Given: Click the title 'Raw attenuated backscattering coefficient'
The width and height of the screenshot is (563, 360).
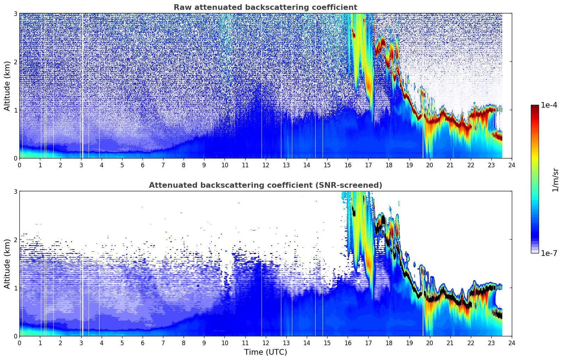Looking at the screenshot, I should tap(265, 7).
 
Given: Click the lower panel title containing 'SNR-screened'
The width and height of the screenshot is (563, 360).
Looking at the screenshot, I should tap(265, 185).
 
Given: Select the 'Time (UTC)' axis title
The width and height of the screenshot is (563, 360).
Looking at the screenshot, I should tap(265, 352).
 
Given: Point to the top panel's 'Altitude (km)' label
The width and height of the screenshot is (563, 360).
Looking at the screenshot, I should tap(7, 86).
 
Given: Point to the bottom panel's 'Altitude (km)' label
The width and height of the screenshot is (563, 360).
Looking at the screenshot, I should tap(7, 264).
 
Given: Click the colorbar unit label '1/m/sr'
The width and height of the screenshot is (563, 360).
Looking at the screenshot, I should tap(555, 180).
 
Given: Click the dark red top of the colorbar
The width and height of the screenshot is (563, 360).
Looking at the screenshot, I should tap(534, 107).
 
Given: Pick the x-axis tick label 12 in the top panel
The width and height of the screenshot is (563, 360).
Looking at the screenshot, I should tap(265, 165).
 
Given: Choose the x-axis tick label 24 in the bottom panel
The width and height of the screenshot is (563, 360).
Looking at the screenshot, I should tap(511, 343).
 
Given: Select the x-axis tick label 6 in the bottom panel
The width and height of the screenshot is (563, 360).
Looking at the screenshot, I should tap(143, 343).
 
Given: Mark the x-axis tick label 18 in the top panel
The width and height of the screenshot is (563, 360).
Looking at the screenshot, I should tap(389, 165).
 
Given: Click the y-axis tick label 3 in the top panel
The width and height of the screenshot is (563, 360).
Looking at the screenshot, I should tap(16, 13).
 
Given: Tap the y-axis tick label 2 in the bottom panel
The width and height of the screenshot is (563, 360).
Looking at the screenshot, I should tap(16, 240).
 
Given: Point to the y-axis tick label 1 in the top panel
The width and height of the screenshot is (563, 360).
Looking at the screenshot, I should tap(16, 110).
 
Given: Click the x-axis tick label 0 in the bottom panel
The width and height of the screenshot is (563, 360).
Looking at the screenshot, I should tap(19, 343).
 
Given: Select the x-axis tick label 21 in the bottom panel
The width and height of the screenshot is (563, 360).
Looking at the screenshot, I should tap(450, 343).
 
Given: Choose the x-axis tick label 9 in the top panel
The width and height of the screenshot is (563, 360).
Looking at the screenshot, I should tap(204, 165).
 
